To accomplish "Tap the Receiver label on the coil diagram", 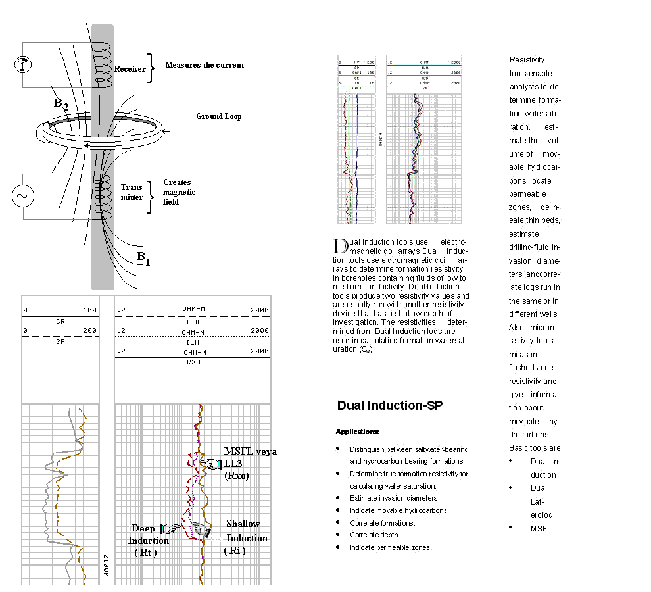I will pyautogui.click(x=130, y=69).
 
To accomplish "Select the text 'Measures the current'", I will pyautogui.click(x=205, y=65).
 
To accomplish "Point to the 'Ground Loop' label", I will pyautogui.click(x=218, y=116).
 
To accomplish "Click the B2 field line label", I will pyautogui.click(x=61, y=103).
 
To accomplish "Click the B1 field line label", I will pyautogui.click(x=143, y=257).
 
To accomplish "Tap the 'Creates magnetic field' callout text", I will pyautogui.click(x=179, y=192).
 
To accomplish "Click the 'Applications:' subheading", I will pyautogui.click(x=358, y=432).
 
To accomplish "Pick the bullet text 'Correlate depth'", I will pyautogui.click(x=374, y=535).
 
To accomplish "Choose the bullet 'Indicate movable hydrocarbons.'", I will pyautogui.click(x=399, y=510).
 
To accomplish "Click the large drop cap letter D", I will pyautogui.click(x=340, y=246).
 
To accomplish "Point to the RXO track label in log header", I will pyautogui.click(x=193, y=362).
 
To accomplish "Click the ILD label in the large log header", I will pyautogui.click(x=193, y=322).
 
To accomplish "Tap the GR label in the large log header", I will pyautogui.click(x=60, y=322).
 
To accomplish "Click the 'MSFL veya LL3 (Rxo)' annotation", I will pyautogui.click(x=250, y=463).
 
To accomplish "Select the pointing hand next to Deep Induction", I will pyautogui.click(x=170, y=528).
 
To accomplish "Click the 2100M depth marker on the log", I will pyautogui.click(x=105, y=566).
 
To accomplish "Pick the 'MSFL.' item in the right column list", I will pyautogui.click(x=542, y=528).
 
